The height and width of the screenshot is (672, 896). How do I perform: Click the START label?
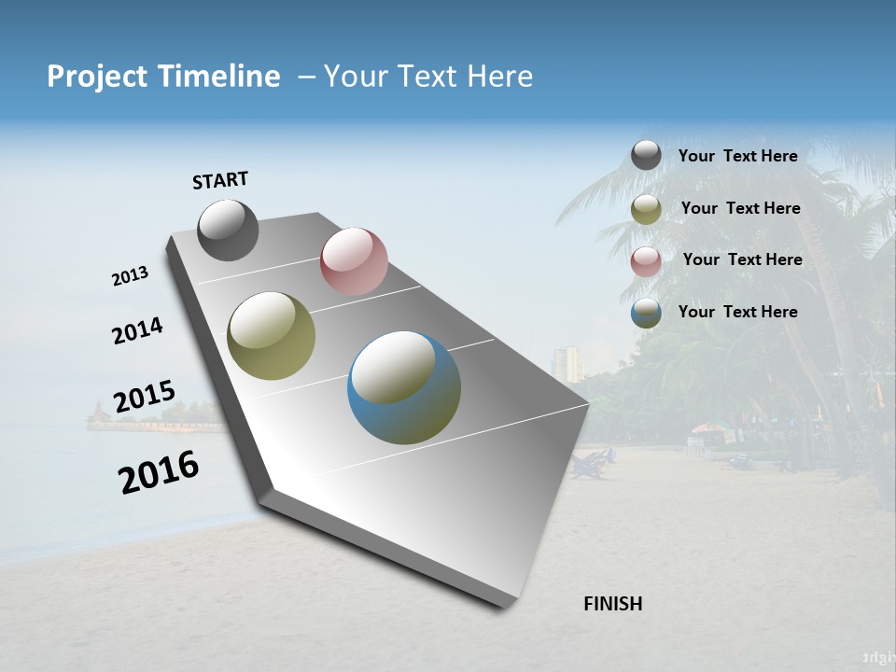[220, 179]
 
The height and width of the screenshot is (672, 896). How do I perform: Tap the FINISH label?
[612, 604]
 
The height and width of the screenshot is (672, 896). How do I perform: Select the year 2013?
[131, 275]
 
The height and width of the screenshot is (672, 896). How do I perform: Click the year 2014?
[137, 331]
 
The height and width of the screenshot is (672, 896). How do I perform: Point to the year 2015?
[144, 397]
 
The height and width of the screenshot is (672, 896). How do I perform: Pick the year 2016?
[159, 471]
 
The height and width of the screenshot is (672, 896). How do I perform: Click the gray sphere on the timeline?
[228, 230]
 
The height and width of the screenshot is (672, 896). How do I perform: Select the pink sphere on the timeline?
[354, 261]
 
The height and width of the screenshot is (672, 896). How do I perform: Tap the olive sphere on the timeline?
[271, 335]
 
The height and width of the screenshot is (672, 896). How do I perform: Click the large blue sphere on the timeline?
[404, 387]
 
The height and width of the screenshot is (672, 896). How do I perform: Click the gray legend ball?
[646, 155]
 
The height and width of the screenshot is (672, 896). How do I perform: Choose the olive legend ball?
[646, 209]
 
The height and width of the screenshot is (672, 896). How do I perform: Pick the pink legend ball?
[646, 261]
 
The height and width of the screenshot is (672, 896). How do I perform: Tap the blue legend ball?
[646, 314]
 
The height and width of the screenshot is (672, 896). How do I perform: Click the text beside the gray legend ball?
[737, 156]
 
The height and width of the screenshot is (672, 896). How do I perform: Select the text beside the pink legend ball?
[742, 259]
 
